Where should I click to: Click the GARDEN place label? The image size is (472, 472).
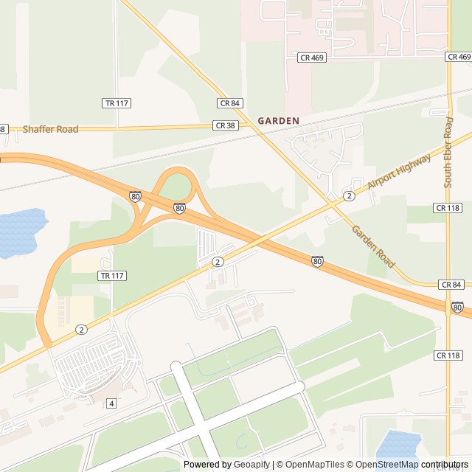point(279,120)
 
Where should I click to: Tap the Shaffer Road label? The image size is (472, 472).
point(50,130)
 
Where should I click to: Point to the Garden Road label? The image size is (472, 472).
point(373,247)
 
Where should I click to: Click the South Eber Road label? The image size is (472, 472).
point(448,151)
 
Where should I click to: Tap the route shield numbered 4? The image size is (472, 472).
point(111,403)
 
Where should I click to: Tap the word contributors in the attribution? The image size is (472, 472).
point(445,465)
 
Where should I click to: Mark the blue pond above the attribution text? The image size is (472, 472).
point(398,445)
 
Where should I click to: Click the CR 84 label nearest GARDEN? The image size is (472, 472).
point(230,103)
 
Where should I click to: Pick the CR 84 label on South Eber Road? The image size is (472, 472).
point(451,284)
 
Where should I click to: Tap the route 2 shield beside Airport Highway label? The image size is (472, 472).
point(348,195)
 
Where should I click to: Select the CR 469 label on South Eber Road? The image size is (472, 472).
point(458,57)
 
